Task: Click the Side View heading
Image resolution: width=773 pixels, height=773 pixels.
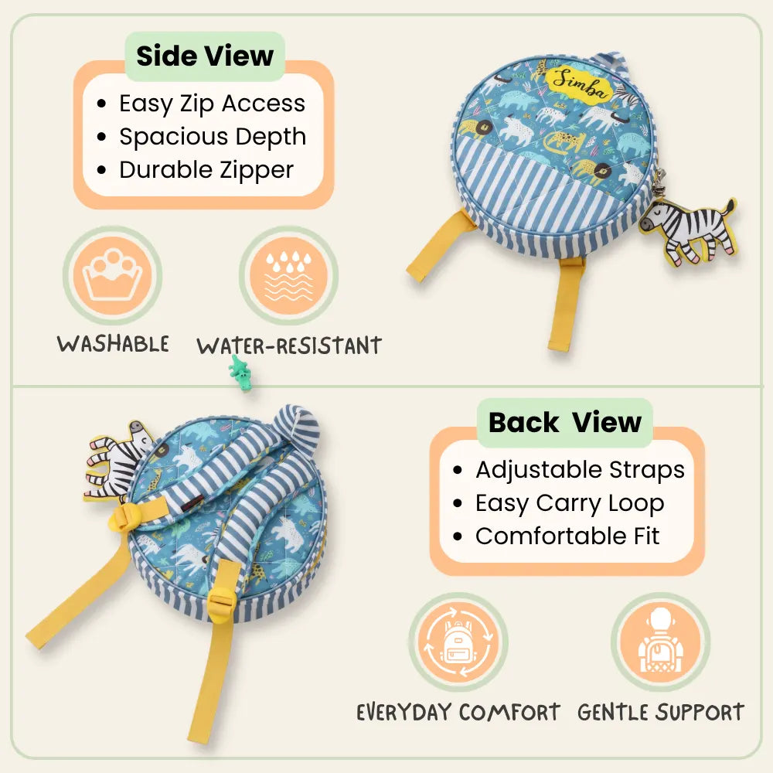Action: (x=205, y=56)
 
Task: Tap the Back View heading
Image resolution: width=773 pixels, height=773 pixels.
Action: (x=565, y=423)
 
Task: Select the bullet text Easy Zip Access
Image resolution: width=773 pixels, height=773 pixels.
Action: (x=212, y=104)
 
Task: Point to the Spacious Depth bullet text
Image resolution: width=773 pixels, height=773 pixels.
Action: (x=213, y=137)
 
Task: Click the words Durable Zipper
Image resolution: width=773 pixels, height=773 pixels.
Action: (x=206, y=170)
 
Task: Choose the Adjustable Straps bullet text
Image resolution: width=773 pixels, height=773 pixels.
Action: (x=580, y=470)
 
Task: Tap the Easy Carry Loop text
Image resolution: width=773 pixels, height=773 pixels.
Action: (x=570, y=503)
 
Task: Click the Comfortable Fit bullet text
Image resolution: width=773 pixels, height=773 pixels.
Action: (x=567, y=536)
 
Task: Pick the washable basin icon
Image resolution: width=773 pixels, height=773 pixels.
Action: (x=113, y=275)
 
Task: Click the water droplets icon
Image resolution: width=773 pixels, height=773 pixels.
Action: (x=289, y=275)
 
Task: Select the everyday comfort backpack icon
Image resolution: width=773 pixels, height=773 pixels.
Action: (x=458, y=642)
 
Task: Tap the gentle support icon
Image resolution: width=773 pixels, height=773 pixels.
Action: (x=661, y=642)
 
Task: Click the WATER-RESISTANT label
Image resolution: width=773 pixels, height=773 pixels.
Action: (x=289, y=346)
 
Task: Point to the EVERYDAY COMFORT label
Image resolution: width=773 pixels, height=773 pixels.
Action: (x=458, y=713)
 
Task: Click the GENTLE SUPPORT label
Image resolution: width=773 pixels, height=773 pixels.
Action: (x=661, y=713)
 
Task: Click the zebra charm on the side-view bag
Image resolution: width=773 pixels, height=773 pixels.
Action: (x=688, y=230)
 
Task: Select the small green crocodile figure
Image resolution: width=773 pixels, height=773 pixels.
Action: (x=240, y=373)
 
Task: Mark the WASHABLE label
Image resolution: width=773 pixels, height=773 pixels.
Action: (x=113, y=344)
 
